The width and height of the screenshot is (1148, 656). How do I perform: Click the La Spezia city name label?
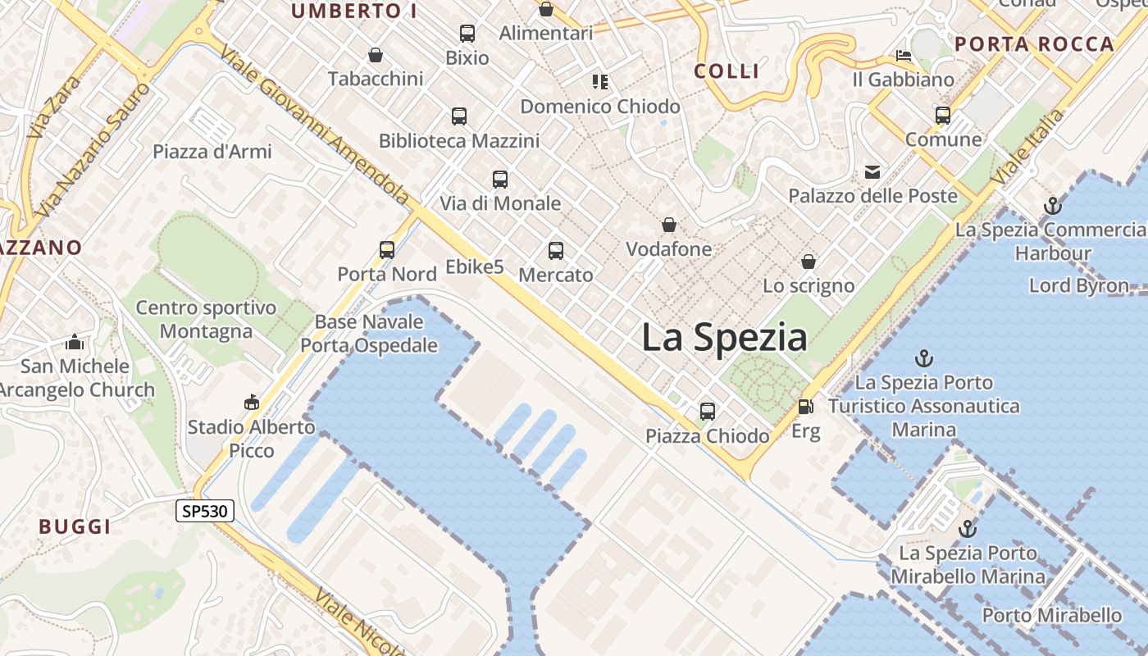pos(724,337)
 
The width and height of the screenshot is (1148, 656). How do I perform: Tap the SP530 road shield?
pos(205,511)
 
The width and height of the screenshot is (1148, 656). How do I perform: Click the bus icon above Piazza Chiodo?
pos(708,412)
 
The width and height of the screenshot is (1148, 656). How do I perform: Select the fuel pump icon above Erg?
pos(806,407)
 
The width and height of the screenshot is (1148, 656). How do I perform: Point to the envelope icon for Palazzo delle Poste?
pos(872,172)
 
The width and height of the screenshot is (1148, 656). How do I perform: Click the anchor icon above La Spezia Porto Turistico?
pos(924,358)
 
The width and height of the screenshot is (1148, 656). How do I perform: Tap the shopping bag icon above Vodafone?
pos(669,225)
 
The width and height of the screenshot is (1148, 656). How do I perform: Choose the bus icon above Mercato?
pos(556,251)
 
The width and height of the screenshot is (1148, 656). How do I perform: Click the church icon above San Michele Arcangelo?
pos(75,342)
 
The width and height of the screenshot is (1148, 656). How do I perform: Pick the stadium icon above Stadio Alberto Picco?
pos(252,403)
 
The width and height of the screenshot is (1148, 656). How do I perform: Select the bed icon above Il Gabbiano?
pos(904,56)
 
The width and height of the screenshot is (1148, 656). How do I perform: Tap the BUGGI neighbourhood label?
pos(75,526)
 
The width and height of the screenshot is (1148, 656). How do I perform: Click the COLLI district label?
pos(727,71)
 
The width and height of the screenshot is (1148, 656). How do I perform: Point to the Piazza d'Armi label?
pos(212,152)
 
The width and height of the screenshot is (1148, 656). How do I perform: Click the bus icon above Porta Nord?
pos(387,249)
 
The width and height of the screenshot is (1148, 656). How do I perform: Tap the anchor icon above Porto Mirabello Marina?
pos(968,529)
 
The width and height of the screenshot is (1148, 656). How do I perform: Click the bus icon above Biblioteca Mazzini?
pos(459,116)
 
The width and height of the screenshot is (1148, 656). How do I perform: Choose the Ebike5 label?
pos(475,266)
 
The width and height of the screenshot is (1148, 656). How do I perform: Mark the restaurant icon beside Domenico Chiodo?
pos(600,81)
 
